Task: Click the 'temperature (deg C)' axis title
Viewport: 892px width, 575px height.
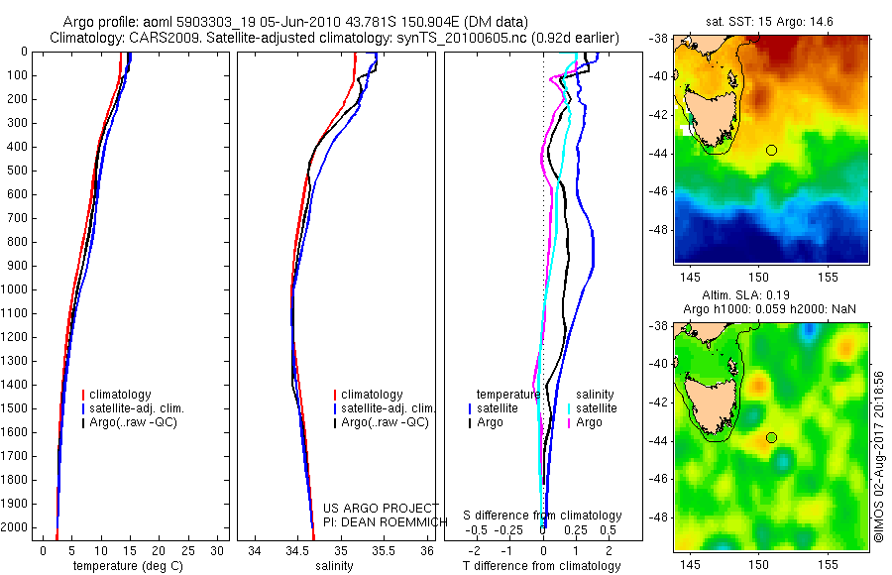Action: point(124,566)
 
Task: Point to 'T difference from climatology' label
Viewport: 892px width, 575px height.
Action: point(541,566)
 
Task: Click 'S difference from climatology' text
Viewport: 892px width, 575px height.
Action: point(543,517)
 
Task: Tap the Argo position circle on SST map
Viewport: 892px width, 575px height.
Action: point(771,150)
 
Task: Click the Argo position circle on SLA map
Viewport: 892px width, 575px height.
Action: point(771,437)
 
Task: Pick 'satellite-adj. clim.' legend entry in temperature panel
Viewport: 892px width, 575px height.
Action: point(135,408)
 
